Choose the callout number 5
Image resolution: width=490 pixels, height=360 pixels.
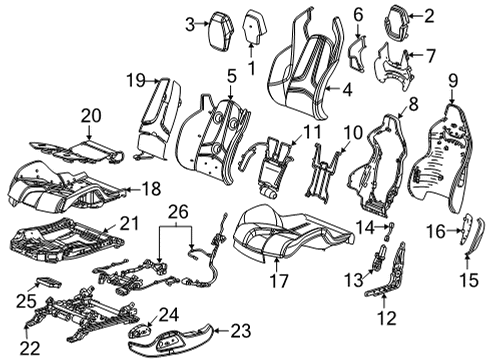click(231, 75)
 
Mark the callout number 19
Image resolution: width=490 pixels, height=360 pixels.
click(136, 79)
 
